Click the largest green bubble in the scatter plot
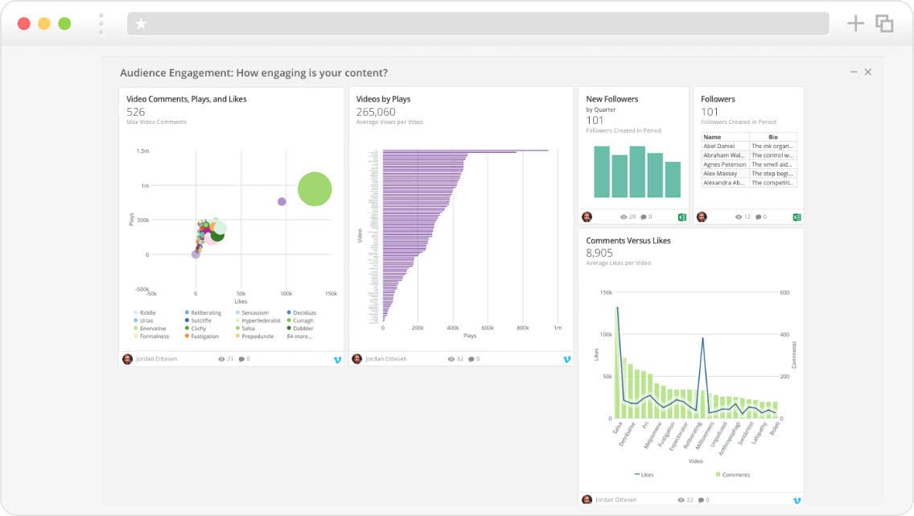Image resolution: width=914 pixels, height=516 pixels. (315, 189)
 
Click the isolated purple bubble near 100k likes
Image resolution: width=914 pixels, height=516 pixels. (282, 201)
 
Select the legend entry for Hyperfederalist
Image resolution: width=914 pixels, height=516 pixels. (261, 320)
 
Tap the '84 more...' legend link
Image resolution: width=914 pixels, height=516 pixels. (300, 336)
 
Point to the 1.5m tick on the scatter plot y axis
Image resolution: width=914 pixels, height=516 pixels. (142, 151)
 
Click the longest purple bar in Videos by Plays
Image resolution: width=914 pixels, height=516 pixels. (465, 151)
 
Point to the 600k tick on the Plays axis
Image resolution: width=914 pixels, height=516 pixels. (488, 328)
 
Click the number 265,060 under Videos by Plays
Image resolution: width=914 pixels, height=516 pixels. (376, 112)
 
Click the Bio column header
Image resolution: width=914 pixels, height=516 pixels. (772, 138)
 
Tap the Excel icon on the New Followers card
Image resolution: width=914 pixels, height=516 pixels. (682, 217)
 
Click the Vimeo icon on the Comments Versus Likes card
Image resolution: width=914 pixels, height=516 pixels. (797, 500)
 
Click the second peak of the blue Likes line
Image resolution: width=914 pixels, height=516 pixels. (703, 339)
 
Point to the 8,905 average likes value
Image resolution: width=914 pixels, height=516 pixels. (600, 253)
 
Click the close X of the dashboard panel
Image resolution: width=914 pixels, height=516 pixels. (868, 72)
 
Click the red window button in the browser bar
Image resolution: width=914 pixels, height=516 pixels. (24, 23)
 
